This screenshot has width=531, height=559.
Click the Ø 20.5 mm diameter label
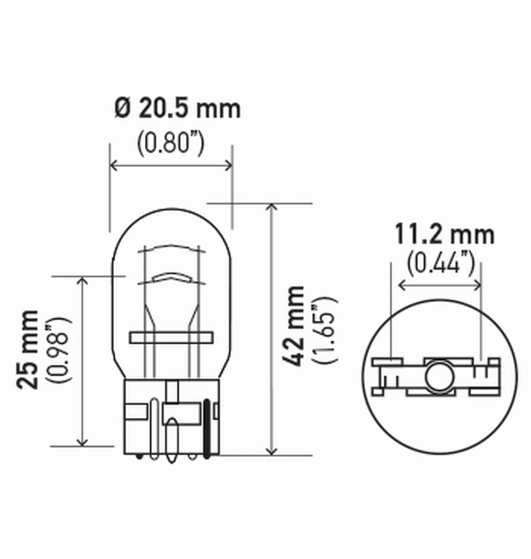[176, 108]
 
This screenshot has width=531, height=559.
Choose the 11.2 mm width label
[443, 234]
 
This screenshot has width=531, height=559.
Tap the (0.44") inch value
[441, 263]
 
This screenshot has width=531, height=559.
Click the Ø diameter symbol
[121, 108]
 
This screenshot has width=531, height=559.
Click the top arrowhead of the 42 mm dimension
[271, 208]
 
